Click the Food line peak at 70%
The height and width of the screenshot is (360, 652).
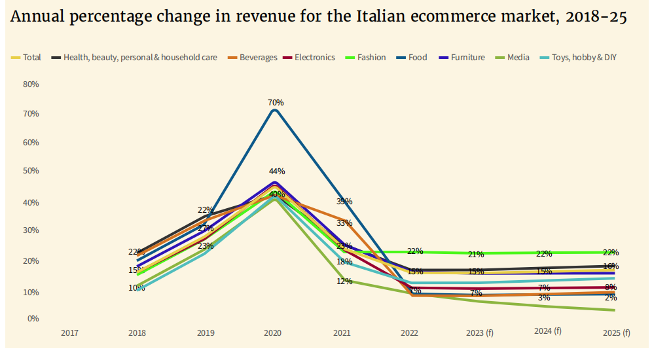(275, 110)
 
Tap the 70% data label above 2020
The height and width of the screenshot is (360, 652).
(276, 103)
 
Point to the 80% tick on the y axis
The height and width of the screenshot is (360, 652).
(31, 84)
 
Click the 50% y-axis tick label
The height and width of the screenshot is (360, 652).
(31, 171)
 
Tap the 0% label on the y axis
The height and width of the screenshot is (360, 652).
(33, 319)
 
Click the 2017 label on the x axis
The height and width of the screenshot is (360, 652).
(69, 333)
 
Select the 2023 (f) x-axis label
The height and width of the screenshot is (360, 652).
(480, 333)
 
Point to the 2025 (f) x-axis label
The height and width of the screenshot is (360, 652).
(616, 333)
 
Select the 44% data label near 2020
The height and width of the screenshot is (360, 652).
(277, 171)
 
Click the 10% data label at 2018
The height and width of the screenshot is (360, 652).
(136, 288)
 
